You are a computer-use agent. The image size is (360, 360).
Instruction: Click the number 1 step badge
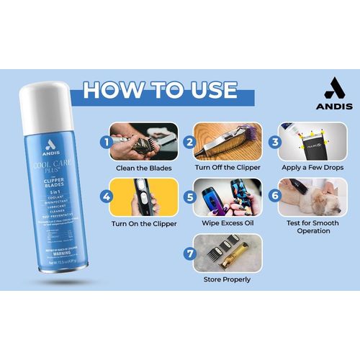(107, 143)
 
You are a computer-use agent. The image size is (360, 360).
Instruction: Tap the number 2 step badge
(189, 143)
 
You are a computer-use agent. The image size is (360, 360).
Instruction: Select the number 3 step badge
(274, 143)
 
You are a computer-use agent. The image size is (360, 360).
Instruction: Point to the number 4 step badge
(107, 195)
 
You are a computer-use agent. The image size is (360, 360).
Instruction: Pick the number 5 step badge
(189, 195)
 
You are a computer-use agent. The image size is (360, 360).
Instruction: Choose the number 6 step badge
(274, 195)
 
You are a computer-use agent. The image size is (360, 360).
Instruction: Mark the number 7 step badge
(189, 253)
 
